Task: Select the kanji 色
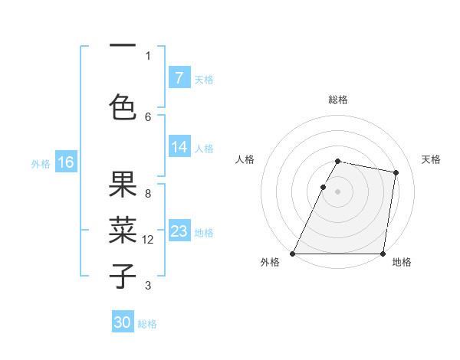[123, 106]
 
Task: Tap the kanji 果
[123, 184]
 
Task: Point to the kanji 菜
[123, 230]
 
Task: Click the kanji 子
[123, 276]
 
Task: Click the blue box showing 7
[179, 78]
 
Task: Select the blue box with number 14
[179, 148]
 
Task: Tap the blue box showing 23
[179, 232]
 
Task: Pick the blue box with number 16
[65, 162]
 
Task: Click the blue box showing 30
[123, 323]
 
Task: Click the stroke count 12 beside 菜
[148, 240]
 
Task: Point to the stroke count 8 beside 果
[148, 193]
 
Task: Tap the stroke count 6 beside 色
[148, 116]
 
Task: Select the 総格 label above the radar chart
[338, 100]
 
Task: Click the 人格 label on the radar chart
[245, 159]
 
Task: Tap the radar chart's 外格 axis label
[270, 263]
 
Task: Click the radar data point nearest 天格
[396, 173]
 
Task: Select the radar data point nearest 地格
[383, 254]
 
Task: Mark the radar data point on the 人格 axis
[324, 187]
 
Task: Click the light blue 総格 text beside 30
[147, 324]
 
